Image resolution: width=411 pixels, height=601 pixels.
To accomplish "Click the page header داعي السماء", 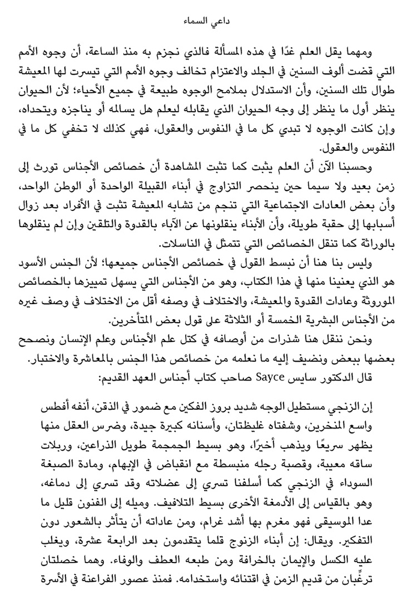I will pyautogui.click(x=205, y=21).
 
